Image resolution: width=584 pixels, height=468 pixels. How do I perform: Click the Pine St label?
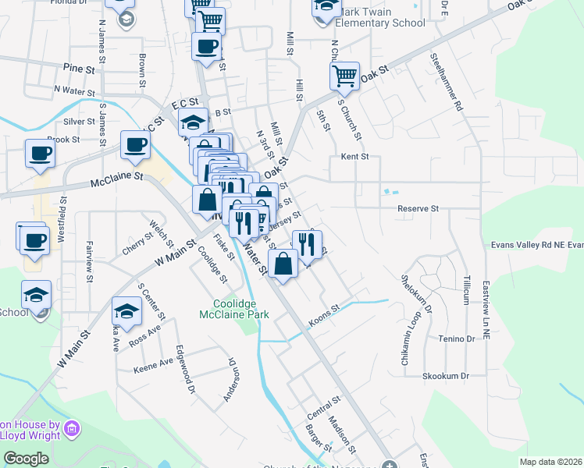click(79, 69)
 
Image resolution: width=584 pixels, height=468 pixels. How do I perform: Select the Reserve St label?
click(418, 209)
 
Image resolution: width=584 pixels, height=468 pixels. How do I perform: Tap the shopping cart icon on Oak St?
click(344, 76)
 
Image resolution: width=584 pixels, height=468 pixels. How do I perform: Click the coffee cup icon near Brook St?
click(40, 153)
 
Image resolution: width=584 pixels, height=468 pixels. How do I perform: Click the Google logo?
click(27, 459)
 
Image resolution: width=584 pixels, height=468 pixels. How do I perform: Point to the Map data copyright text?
click(550, 462)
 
